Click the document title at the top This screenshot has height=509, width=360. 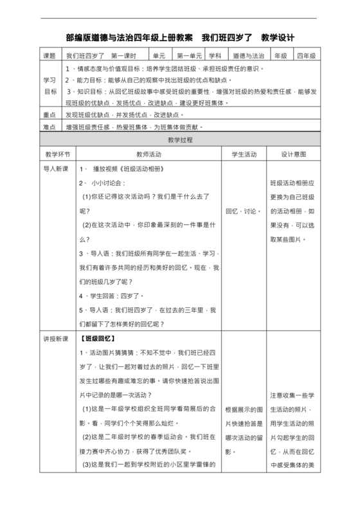point(180,39)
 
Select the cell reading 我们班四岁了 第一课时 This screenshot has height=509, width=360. point(101,57)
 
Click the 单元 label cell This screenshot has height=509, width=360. point(159,57)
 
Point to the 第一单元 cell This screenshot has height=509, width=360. point(189,57)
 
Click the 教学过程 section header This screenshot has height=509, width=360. point(180,140)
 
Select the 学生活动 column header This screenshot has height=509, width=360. point(244,155)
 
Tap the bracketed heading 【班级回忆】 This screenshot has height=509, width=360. point(96,338)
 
